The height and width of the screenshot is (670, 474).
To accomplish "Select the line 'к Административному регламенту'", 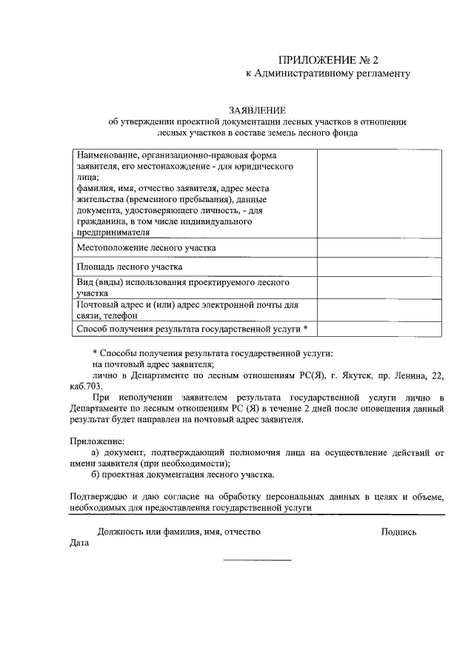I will click(327, 73).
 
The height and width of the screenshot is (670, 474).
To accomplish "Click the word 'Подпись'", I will click(398, 532).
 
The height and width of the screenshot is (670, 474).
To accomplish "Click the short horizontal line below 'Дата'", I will click(257, 560).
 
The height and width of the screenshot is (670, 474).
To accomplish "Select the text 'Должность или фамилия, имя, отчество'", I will click(178, 532).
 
